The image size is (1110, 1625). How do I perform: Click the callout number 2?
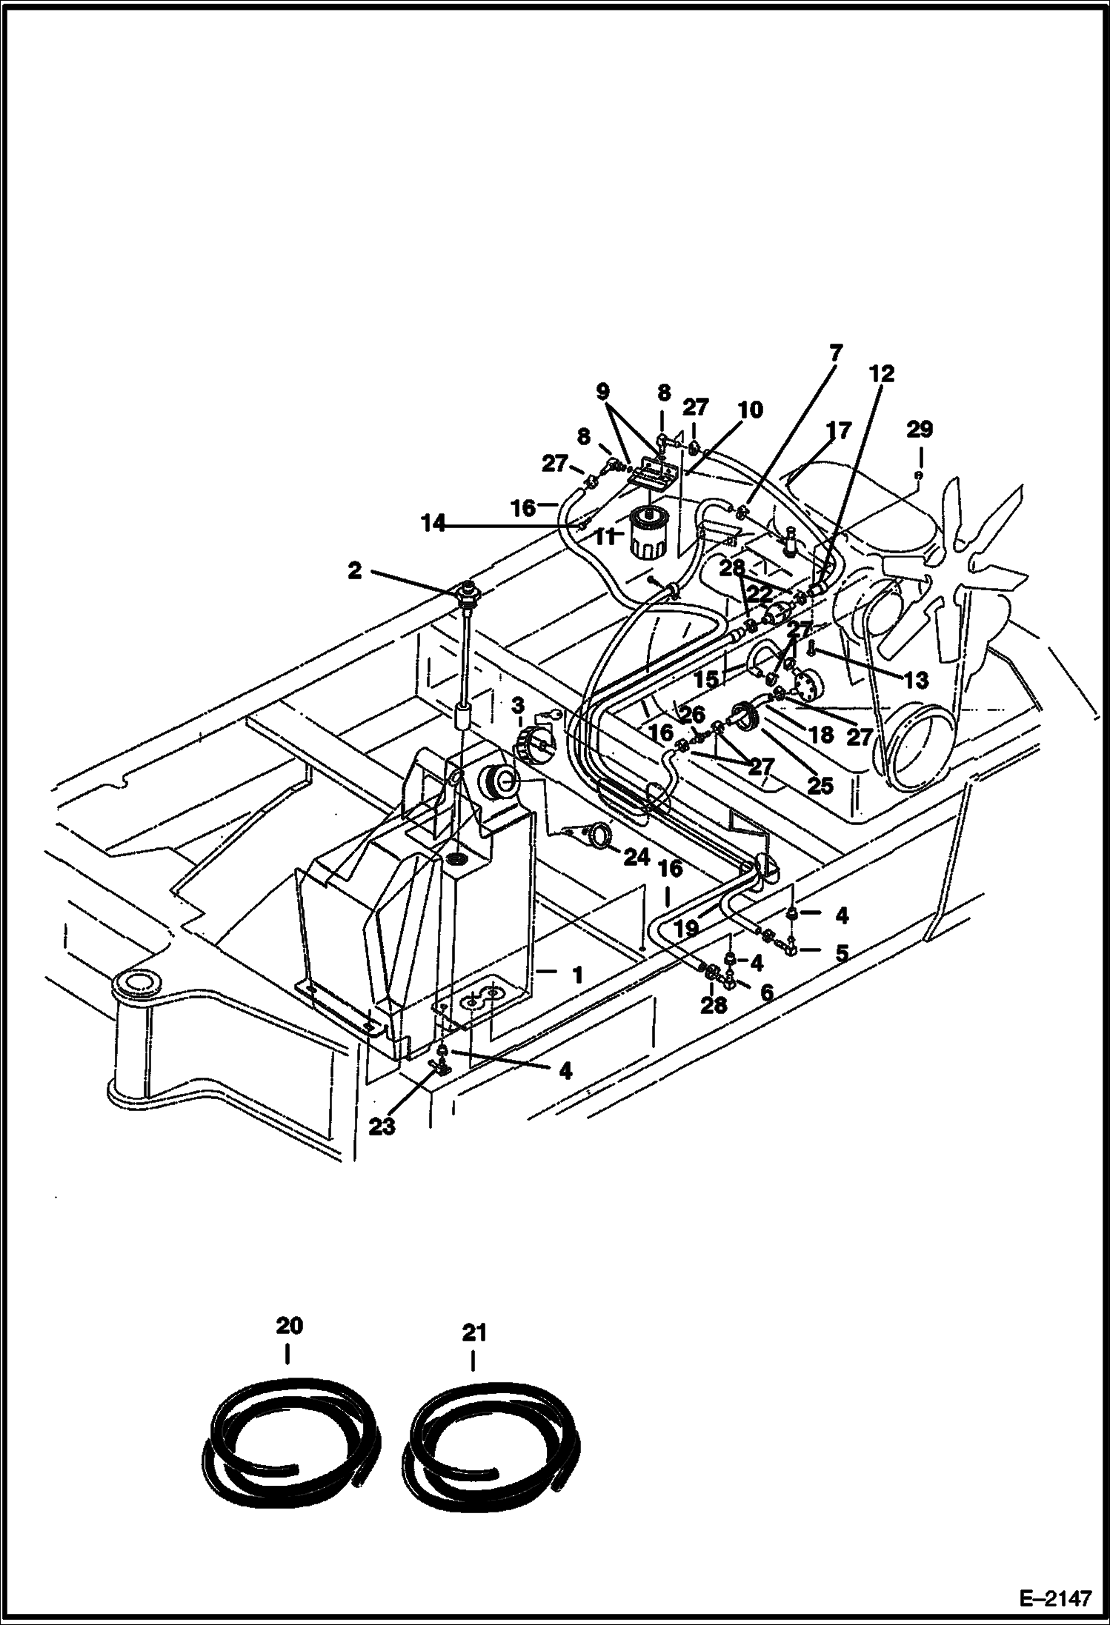[x=355, y=570]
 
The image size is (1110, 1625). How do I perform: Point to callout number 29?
[x=920, y=429]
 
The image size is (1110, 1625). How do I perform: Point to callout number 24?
[x=636, y=858]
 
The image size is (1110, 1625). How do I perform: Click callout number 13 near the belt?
[x=917, y=681]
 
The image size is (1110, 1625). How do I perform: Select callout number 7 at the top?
[x=836, y=353]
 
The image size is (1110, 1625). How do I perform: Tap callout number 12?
[x=883, y=373]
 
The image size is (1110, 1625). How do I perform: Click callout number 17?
[x=840, y=430]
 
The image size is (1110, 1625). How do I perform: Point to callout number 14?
[x=433, y=524]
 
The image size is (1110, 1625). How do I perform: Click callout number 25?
[x=820, y=786]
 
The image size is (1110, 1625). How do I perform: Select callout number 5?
[x=841, y=952]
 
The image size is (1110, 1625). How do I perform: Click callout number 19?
[x=687, y=928]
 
